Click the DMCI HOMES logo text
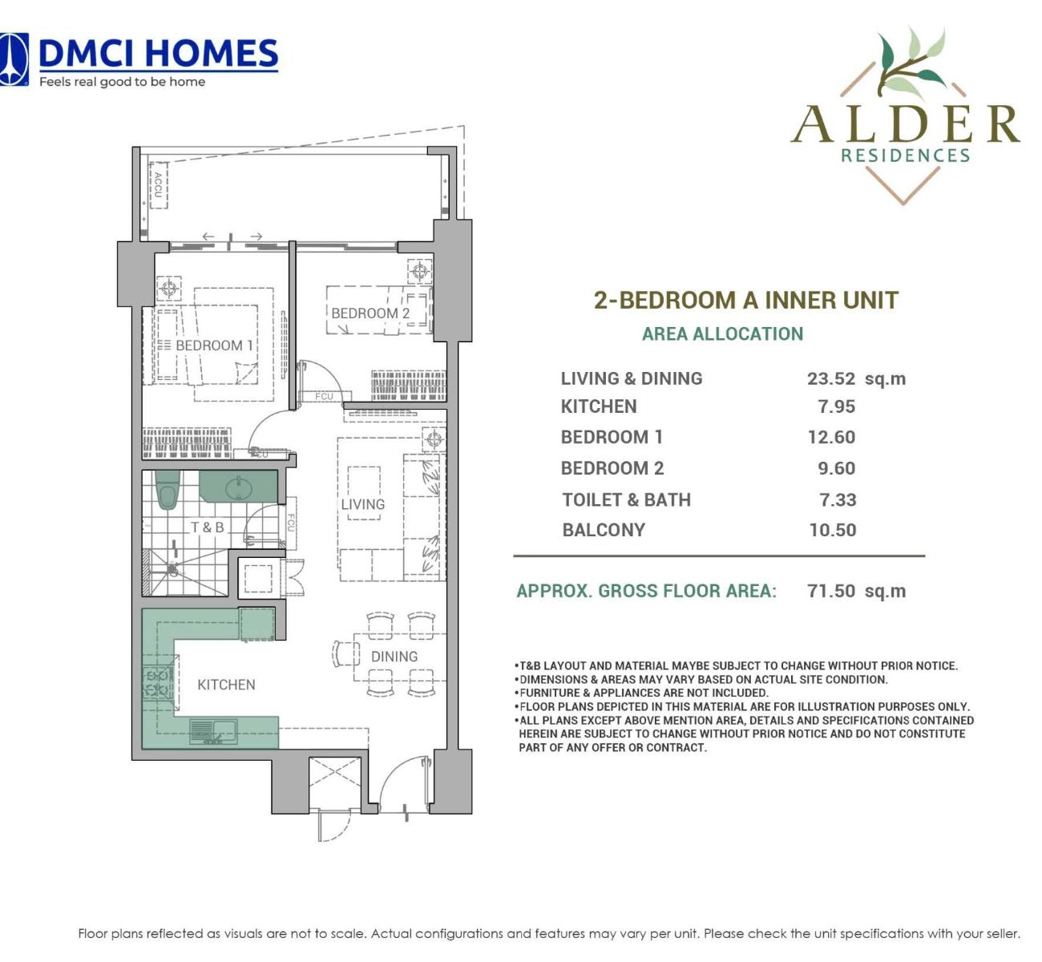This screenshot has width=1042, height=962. pyautogui.click(x=159, y=54)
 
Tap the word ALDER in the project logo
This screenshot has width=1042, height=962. pyautogui.click(x=905, y=124)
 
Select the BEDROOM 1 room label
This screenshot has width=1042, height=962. pyautogui.click(x=214, y=346)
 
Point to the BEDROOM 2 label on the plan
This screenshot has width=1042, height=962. pyautogui.click(x=370, y=313)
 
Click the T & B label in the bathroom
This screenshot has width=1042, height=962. pyautogui.click(x=208, y=527)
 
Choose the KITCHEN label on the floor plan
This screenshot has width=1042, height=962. pyautogui.click(x=226, y=685)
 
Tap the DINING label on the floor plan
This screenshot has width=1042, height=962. pyautogui.click(x=394, y=657)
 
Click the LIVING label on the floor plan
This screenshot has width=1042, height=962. pyautogui.click(x=363, y=504)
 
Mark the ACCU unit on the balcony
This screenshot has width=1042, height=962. pyautogui.click(x=158, y=185)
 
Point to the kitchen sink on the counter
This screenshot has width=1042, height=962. pyautogui.click(x=213, y=731)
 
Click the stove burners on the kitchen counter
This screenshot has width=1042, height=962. pyautogui.click(x=157, y=682)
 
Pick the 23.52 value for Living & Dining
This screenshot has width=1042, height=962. pyautogui.click(x=831, y=379)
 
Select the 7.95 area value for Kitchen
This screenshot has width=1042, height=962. pyautogui.click(x=837, y=406)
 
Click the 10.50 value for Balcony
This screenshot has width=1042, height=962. pyautogui.click(x=833, y=530)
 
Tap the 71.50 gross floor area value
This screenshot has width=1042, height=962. pyautogui.click(x=832, y=591)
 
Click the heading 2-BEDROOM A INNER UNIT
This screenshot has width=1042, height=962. pyautogui.click(x=746, y=300)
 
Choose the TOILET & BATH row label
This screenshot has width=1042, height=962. pyautogui.click(x=627, y=500)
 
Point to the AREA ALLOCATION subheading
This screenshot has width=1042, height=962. pyautogui.click(x=722, y=333)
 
